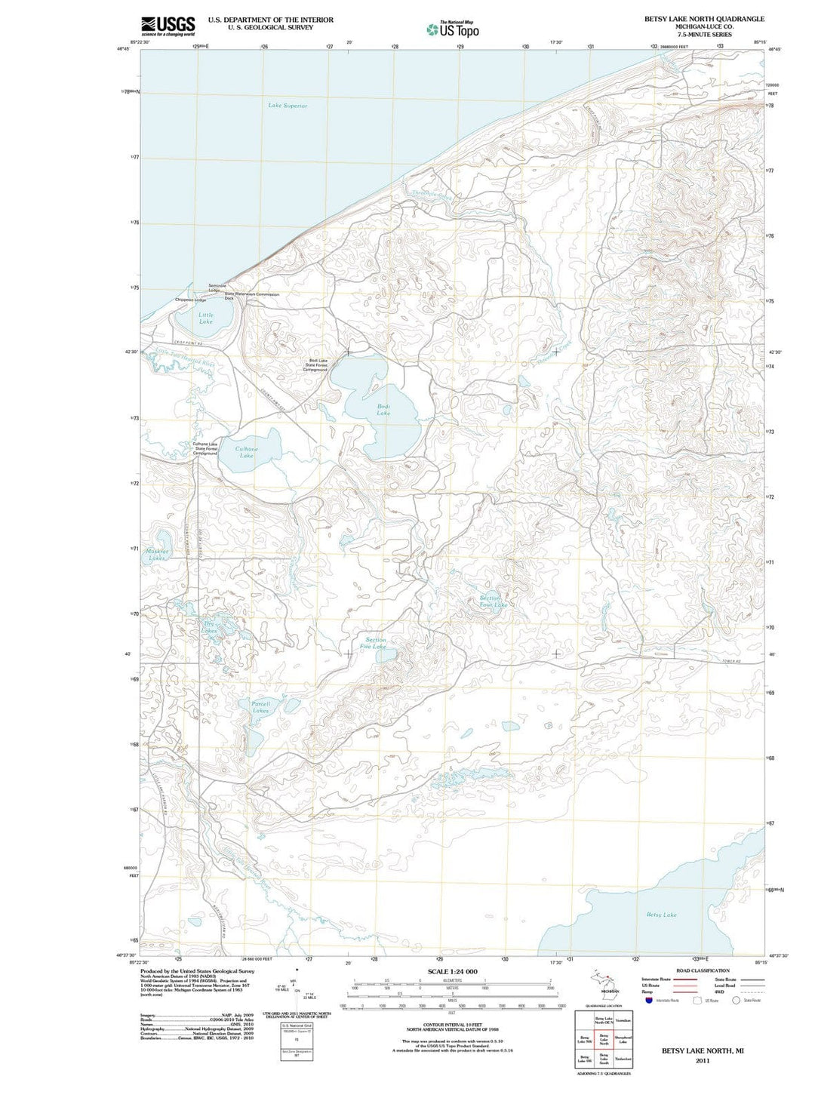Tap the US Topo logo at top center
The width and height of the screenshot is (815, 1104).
453,29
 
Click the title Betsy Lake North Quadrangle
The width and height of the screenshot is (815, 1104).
703,19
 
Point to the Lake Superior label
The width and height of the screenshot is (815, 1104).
288,106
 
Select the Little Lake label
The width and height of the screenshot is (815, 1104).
205,318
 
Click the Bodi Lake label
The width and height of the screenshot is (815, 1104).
383,410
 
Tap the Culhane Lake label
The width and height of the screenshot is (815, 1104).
246,452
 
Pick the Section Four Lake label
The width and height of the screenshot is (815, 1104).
494,601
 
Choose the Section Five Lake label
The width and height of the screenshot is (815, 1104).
374,643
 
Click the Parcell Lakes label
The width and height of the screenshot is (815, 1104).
260,707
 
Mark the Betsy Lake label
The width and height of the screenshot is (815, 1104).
661,915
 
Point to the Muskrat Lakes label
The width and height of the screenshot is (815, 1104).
157,555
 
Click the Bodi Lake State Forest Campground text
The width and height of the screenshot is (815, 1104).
316,365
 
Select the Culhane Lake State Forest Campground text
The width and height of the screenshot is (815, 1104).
205,448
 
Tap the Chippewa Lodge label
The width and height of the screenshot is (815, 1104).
190,300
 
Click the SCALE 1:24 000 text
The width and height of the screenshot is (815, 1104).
452,971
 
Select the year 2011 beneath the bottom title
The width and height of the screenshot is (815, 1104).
703,1060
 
